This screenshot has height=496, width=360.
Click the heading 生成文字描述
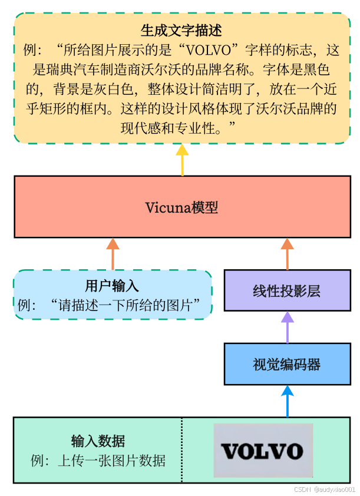[x=181, y=30]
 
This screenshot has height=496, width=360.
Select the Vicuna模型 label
[x=181, y=207]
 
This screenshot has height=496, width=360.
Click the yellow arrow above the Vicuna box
[x=182, y=159]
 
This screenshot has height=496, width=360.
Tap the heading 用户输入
[x=112, y=286]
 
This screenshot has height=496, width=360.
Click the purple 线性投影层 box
[x=287, y=291]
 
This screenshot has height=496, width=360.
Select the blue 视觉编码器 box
[x=287, y=364]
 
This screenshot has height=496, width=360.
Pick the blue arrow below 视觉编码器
[x=287, y=401]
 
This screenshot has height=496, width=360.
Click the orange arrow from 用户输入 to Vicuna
[x=113, y=254]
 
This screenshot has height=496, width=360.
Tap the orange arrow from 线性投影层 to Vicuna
[x=287, y=254]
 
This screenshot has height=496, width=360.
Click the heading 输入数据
[x=98, y=441]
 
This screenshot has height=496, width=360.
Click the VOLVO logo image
[x=262, y=451]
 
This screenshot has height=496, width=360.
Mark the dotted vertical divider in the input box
[x=181, y=450]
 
